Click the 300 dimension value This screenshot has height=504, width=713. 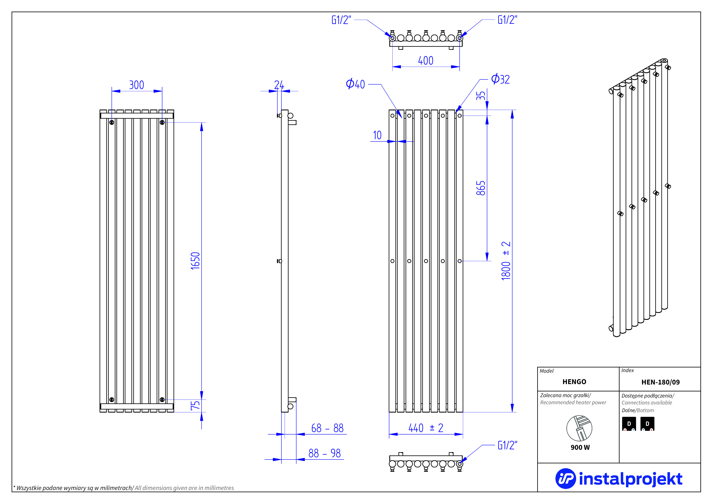(x=136, y=85)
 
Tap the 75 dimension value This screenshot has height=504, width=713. (x=195, y=405)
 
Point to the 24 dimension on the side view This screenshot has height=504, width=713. (x=279, y=85)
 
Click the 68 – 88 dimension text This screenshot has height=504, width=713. (x=327, y=428)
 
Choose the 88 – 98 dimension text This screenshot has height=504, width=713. (x=324, y=453)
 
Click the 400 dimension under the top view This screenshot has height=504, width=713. (x=425, y=61)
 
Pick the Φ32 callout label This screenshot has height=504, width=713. (x=500, y=79)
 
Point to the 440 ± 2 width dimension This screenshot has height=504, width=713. (x=426, y=428)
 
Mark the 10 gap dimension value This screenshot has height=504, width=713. (x=377, y=135)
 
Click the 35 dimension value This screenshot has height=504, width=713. (x=481, y=95)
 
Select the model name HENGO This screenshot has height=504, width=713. (x=574, y=382)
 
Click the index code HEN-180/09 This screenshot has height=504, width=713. (x=661, y=382)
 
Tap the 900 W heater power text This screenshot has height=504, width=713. (x=580, y=447)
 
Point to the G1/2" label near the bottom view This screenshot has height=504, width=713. (x=507, y=445)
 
